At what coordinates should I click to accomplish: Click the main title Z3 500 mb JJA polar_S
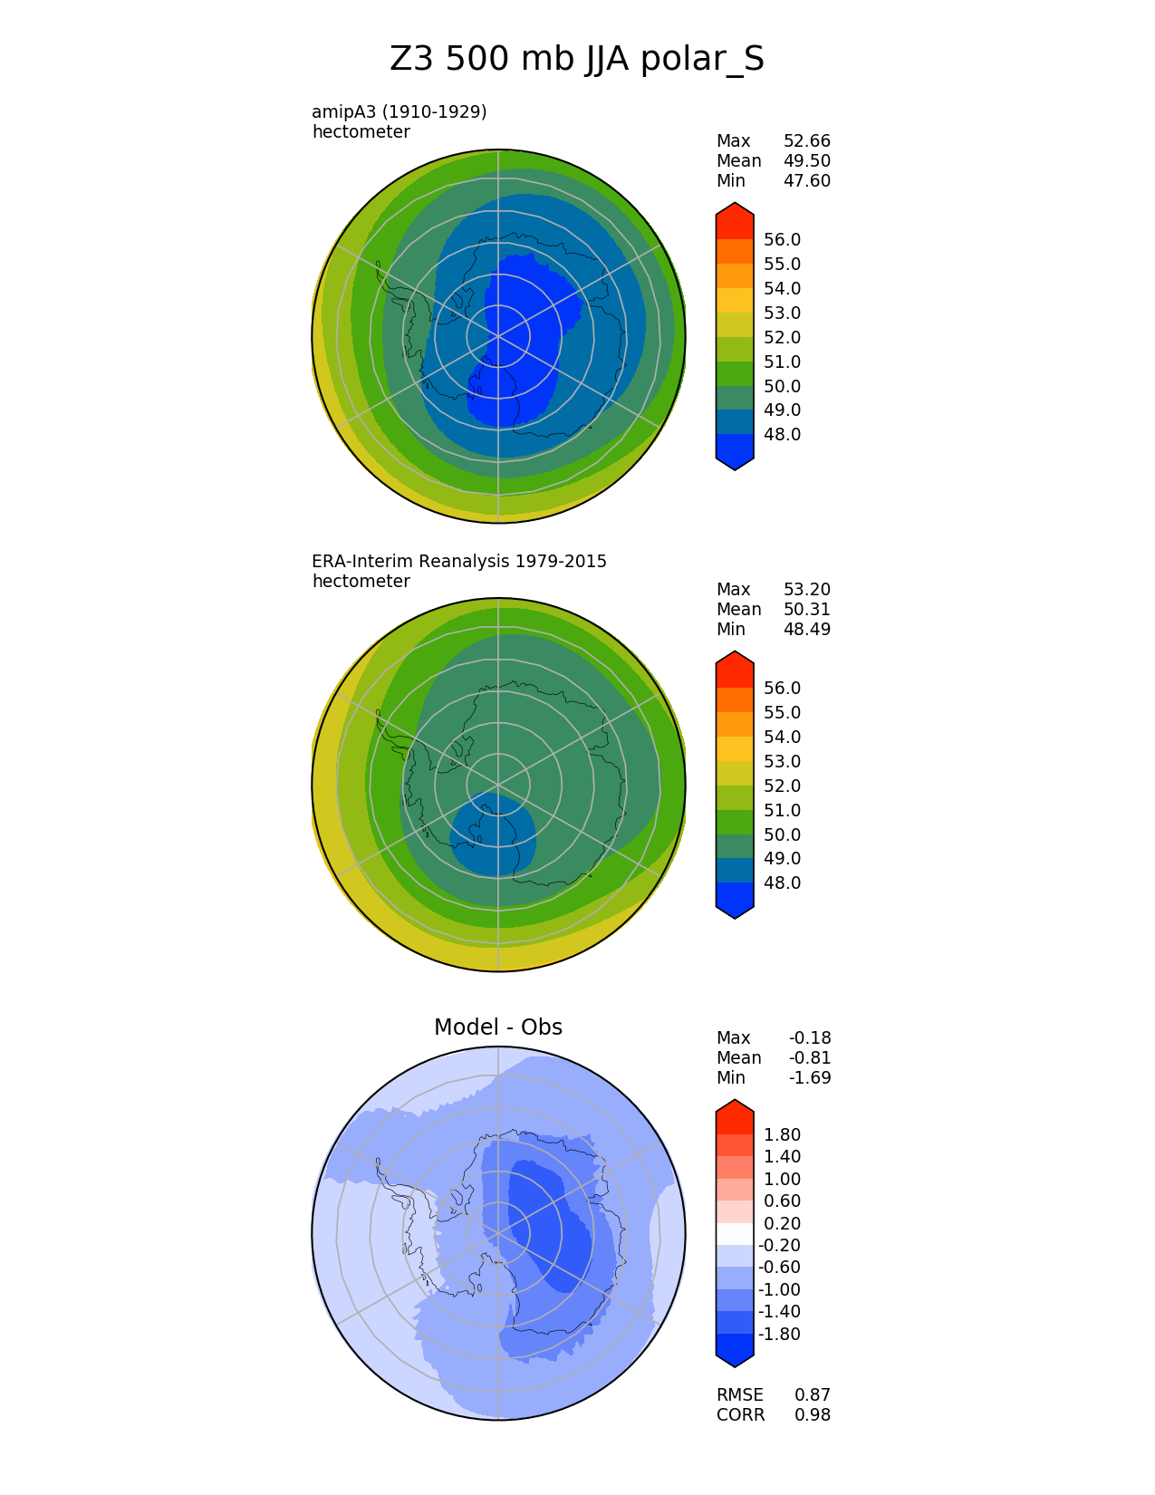click(x=577, y=60)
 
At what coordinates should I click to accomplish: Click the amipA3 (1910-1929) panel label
click(x=399, y=111)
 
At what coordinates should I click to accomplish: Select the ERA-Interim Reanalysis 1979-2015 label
click(x=459, y=561)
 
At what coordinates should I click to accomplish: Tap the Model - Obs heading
click(x=498, y=1027)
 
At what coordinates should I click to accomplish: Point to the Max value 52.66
click(x=806, y=140)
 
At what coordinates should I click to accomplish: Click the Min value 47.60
click(x=806, y=180)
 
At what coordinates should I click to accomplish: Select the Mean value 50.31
click(x=806, y=609)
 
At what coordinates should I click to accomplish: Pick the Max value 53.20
click(x=806, y=589)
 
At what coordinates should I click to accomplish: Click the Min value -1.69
click(x=809, y=1077)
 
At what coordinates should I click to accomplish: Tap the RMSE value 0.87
click(x=812, y=1394)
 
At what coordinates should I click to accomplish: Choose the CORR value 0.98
click(x=812, y=1414)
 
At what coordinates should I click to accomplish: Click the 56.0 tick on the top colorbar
click(x=782, y=239)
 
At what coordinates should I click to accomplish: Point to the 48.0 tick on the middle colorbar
click(x=782, y=883)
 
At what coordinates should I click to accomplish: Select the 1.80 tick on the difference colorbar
click(x=782, y=1134)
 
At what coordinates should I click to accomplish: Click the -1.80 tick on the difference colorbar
click(x=779, y=1334)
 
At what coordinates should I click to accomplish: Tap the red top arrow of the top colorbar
click(x=735, y=220)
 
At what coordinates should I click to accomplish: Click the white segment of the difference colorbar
click(x=735, y=1233)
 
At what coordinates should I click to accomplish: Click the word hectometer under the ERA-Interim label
click(x=361, y=581)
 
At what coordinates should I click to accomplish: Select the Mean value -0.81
click(x=809, y=1057)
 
